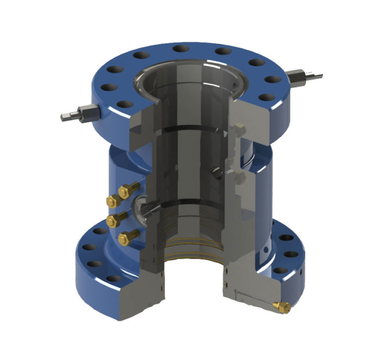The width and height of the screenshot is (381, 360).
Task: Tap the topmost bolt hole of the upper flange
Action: coord(180,49)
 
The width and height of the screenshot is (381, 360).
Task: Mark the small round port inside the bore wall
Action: coord(217,173)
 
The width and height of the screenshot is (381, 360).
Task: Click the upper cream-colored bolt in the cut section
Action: coord(240,129)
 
